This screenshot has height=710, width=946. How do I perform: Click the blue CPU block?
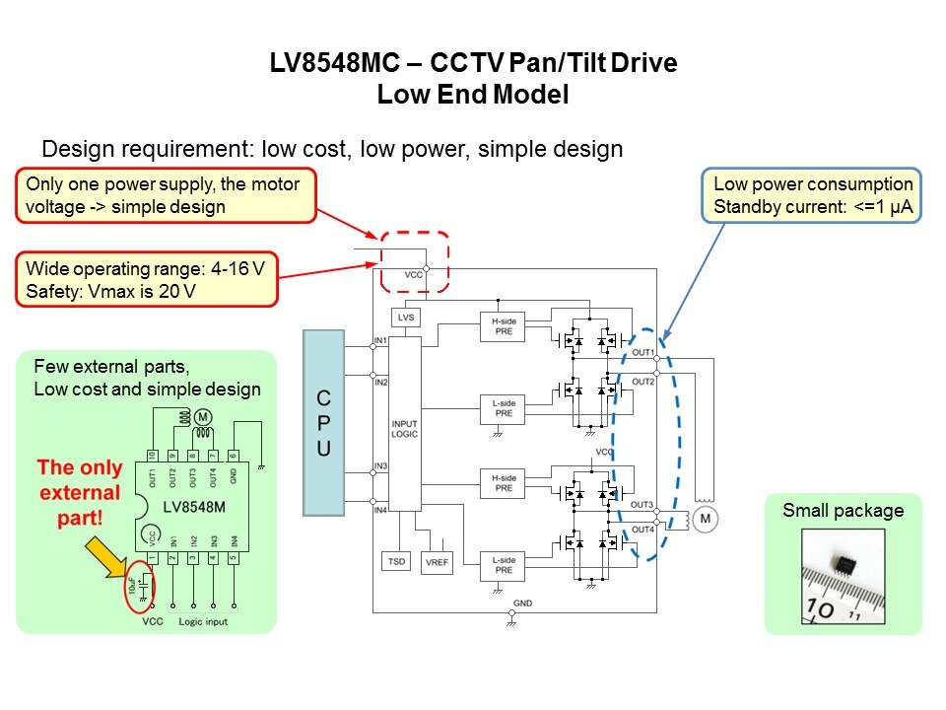pos(322,423)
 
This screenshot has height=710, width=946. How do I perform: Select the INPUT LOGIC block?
pos(405,423)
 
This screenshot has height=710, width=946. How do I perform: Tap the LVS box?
pos(405,318)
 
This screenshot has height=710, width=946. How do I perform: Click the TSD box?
pos(396,561)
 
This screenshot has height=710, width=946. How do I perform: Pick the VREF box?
pos(436,561)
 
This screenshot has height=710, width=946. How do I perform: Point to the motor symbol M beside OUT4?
pos(706,519)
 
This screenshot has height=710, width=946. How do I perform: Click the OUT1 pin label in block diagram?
pos(643,352)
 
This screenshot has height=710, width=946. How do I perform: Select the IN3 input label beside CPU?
pos(380,464)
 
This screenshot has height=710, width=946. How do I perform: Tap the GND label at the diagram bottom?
pos(522,602)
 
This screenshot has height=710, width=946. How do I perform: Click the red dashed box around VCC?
pos(415,261)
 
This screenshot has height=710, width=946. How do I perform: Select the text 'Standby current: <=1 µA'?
pos(813,207)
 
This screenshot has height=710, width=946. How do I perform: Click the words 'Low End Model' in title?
pos(473,96)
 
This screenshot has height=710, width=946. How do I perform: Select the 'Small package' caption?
pos(843,511)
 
